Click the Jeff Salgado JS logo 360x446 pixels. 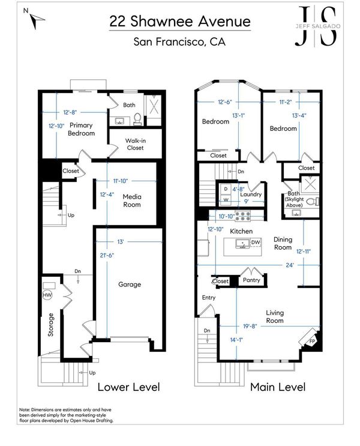[317, 26]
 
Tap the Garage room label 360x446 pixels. [130, 285]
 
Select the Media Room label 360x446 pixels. [132, 200]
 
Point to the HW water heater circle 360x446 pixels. [47, 295]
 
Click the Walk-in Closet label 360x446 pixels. [136, 144]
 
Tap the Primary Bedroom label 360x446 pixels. [81, 129]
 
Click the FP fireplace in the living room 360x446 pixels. [311, 340]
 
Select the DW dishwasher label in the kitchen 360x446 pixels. [256, 243]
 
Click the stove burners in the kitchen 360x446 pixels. [242, 216]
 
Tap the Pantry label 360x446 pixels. [251, 280]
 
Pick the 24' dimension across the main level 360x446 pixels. [289, 265]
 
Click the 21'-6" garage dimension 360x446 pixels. [107, 256]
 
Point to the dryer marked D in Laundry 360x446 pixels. [226, 189]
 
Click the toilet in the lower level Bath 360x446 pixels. [137, 119]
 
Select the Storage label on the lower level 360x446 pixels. [50, 325]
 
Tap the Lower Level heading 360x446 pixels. [128, 387]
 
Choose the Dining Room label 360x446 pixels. [283, 244]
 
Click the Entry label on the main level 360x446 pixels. [209, 298]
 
